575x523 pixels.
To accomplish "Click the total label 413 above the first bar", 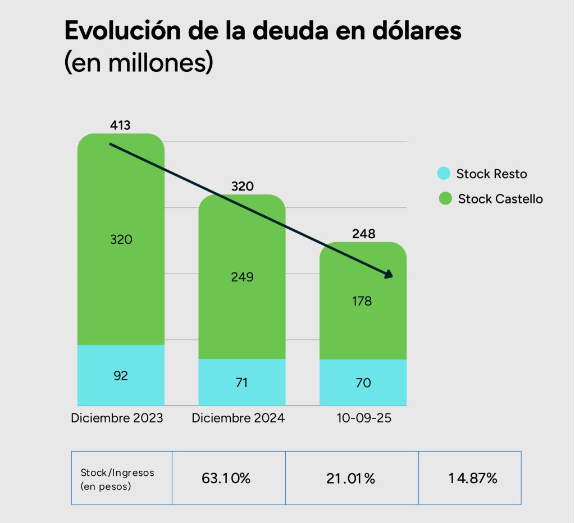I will point(121,125).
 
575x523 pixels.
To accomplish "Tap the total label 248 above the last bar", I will point(364,234).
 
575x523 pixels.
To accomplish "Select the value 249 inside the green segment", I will point(243,277).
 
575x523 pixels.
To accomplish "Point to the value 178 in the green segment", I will point(362,301).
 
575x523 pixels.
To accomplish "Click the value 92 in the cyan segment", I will point(121,376).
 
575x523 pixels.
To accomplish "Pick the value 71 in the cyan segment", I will point(243,383).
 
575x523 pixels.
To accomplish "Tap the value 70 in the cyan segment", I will point(363,383).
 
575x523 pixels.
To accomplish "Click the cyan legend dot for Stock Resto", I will point(444,174).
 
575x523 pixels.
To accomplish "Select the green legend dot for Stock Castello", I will point(445,198).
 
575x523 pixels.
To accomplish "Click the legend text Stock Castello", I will point(500,199).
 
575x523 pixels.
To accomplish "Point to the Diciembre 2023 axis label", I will point(117,419).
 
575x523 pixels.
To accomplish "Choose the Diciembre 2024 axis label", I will point(238,419).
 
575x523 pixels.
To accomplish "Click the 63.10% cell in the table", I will point(226,479).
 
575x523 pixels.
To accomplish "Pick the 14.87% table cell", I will point(473,479).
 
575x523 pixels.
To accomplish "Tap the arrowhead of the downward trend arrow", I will point(388,274).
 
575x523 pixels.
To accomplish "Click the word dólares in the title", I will point(416,31).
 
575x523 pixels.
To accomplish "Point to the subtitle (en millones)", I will point(139,63).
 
